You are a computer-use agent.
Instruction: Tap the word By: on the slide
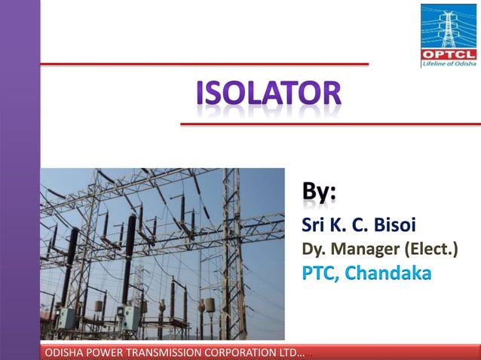pos(320,193)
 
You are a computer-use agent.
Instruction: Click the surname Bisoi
pos(389,224)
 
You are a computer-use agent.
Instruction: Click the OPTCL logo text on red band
pos(449,55)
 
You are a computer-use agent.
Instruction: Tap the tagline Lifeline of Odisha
pos(449,64)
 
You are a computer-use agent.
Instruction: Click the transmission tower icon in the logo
pos(449,27)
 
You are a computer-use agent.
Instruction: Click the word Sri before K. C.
pos(312,224)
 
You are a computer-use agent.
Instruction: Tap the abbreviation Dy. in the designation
pos(311,249)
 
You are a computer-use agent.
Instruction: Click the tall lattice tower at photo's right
pos(231,249)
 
